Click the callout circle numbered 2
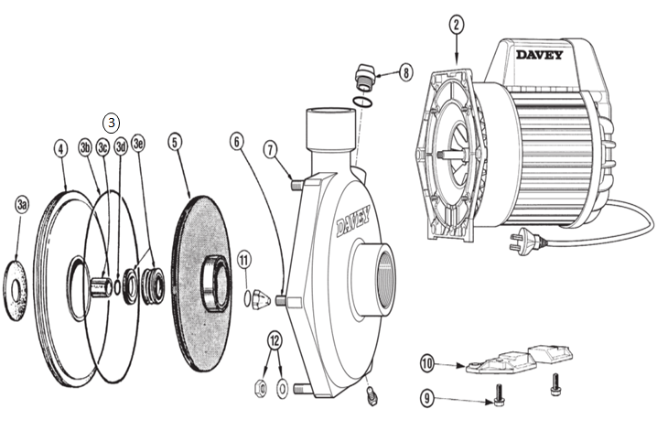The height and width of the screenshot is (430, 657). click(x=456, y=25)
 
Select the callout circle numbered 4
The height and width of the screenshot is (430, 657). click(x=60, y=147)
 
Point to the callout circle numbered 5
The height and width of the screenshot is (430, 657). click(x=176, y=142)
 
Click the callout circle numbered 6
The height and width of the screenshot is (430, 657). click(x=236, y=142)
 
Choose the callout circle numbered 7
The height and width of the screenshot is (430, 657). click(x=271, y=148)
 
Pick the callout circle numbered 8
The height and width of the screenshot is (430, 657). click(x=405, y=71)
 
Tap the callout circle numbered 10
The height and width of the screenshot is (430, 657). click(x=426, y=364)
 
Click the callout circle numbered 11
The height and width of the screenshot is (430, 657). click(x=243, y=260)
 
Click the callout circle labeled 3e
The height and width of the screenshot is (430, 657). click(x=139, y=144)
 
